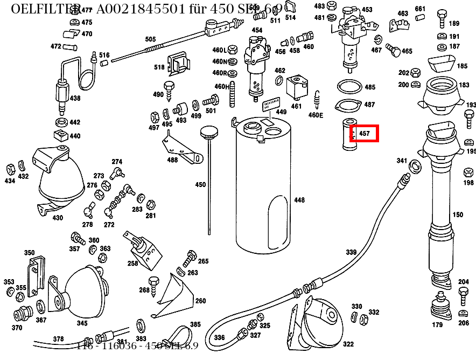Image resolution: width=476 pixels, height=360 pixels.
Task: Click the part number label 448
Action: coord(299,200)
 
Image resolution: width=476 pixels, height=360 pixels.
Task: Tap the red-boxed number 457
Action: coord(365,133)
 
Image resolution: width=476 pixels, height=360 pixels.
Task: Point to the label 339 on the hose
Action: coord(351,252)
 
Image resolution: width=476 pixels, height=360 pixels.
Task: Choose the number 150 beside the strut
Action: coord(458,214)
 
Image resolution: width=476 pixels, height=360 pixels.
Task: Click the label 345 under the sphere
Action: coord(82,323)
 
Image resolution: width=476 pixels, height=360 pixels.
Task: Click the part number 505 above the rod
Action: coord(150,39)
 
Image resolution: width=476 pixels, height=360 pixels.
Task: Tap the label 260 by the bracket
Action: coord(200,301)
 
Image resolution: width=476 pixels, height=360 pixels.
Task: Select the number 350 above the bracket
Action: coord(29,253)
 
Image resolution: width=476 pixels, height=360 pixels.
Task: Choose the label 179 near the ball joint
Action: coord(437,324)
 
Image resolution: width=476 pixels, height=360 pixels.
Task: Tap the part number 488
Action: coord(172,160)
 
